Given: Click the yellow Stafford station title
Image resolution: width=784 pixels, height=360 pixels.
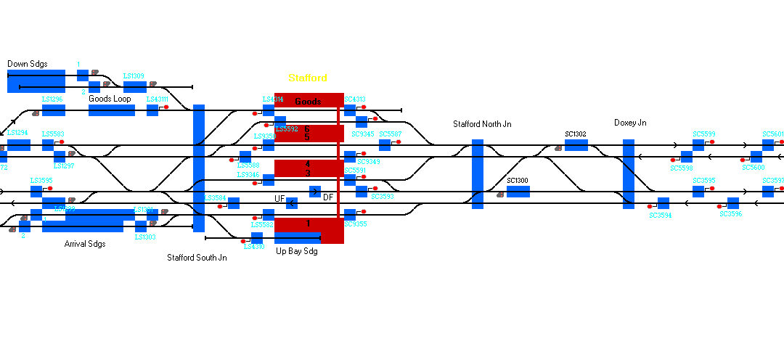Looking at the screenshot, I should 307,78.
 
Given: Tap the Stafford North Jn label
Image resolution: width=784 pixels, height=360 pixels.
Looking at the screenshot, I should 482,124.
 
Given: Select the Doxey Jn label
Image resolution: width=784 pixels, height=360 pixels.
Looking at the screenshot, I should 629,123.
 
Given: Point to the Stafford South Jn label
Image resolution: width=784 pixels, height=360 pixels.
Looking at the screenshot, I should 197,258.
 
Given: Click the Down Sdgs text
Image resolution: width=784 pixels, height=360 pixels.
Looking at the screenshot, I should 28,64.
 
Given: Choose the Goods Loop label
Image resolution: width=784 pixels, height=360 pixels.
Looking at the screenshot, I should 110,98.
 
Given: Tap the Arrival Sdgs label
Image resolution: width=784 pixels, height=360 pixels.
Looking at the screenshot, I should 85,244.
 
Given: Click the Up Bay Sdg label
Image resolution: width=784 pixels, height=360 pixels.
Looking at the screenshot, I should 297,252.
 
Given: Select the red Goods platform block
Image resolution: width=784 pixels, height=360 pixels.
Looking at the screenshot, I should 309,101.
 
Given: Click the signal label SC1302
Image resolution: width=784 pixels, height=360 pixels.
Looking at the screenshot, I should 576,134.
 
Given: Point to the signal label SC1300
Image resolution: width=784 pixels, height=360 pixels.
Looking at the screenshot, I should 518,180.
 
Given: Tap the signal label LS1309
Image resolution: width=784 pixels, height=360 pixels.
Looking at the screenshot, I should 134,75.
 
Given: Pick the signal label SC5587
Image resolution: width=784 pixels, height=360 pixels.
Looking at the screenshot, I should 390,134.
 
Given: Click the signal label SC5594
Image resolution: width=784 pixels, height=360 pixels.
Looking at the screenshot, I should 660,215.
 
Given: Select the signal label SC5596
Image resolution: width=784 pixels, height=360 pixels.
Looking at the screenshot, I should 730,214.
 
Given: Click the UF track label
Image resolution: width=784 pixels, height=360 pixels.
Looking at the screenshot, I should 279,198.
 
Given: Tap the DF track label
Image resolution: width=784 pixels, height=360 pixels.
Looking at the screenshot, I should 328,197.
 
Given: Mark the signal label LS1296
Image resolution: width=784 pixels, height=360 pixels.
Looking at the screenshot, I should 52,99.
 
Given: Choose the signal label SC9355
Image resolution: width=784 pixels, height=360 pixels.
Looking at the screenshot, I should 355,224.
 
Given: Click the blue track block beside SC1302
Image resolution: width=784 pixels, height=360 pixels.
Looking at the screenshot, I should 576,145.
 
